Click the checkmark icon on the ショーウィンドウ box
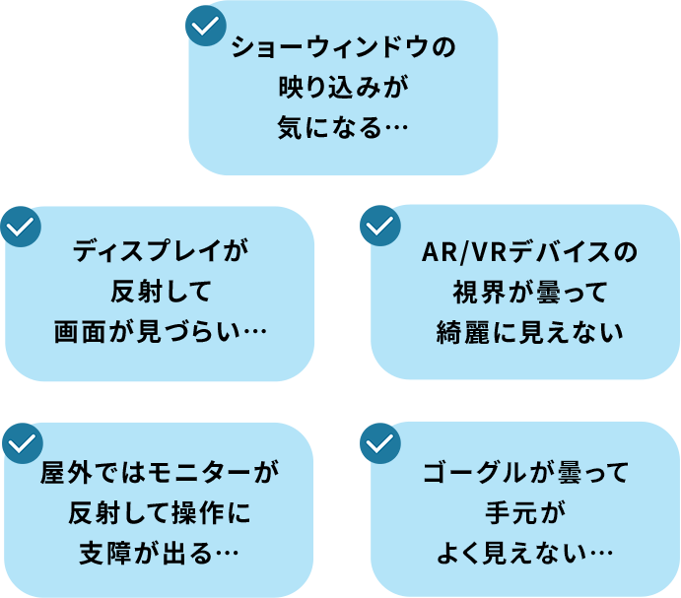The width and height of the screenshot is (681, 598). (x=206, y=27)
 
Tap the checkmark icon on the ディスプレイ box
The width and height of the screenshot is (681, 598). (x=21, y=227)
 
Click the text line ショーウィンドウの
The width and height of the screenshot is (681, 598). (x=343, y=48)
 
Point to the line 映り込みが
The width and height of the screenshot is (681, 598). (x=343, y=89)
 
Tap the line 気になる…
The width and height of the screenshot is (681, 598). (x=343, y=129)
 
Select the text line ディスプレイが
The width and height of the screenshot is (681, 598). (x=160, y=252)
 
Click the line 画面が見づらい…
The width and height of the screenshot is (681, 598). (x=160, y=333)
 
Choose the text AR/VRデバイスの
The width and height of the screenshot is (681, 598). (x=529, y=252)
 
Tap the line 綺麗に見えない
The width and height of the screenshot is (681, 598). (x=529, y=333)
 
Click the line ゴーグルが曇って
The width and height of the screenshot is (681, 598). (x=524, y=474)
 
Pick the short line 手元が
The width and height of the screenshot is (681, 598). (x=526, y=513)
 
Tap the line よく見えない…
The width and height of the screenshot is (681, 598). (x=524, y=554)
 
